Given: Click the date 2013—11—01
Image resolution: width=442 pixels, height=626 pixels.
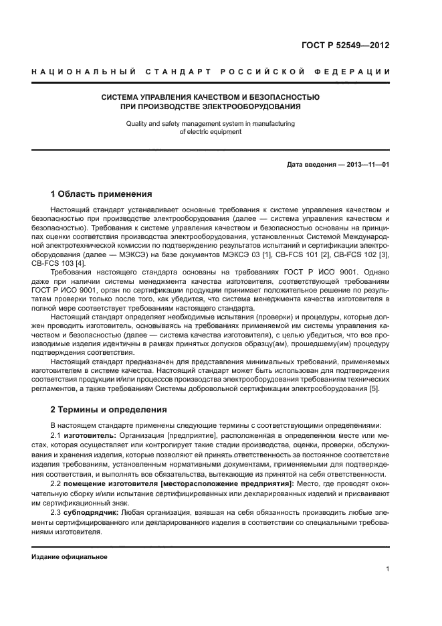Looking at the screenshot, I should pyautogui.click(x=367, y=164).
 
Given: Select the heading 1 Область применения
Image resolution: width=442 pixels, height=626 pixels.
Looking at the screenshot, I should pyautogui.click(x=101, y=194).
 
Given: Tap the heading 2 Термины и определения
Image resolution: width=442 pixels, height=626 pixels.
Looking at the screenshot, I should pyautogui.click(x=108, y=409).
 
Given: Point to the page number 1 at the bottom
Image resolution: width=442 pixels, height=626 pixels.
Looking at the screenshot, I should pyautogui.click(x=387, y=569).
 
